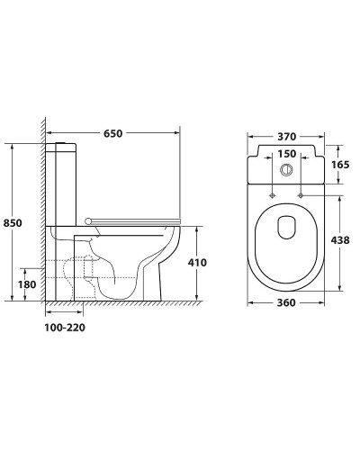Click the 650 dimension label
(113, 133)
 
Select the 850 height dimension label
(13, 223)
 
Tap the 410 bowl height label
(197, 263)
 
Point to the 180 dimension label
(27, 284)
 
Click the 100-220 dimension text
(65, 328)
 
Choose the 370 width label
(286, 137)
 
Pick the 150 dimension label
(286, 154)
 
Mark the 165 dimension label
(340, 165)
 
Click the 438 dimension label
(340, 240)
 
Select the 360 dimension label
(286, 303)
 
